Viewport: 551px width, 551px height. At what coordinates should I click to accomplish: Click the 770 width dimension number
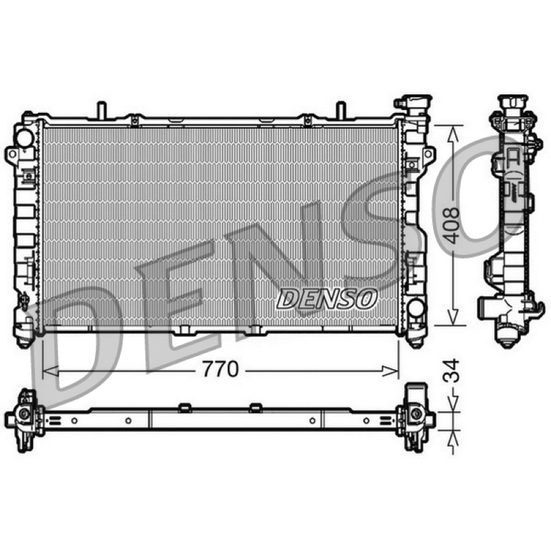point(220,369)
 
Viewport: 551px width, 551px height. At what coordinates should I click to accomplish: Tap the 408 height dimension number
point(451,225)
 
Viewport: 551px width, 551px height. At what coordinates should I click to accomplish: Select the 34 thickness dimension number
point(451,371)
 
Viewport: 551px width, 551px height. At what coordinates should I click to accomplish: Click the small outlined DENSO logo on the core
point(326,299)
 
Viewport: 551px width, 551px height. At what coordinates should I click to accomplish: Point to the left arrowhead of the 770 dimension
point(50,371)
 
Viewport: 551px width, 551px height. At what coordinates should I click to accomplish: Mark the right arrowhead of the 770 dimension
point(391,371)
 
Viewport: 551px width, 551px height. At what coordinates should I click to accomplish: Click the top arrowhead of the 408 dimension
point(453,135)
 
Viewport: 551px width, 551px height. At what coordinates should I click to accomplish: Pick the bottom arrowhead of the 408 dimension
point(453,316)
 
